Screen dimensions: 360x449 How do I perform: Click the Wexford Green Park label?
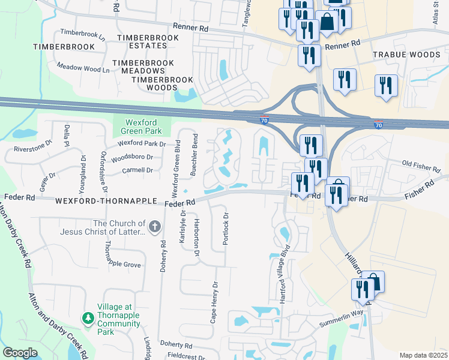pos(142,126)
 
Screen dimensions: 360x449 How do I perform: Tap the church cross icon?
pos(155,227)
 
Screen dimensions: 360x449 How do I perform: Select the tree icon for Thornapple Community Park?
pos(88,316)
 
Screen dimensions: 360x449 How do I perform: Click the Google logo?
pos(20,353)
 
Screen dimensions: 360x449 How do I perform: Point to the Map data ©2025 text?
pos(423,355)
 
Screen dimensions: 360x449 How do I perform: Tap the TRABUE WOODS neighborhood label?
pos(406,55)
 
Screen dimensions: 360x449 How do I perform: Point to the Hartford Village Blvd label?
pos(286,274)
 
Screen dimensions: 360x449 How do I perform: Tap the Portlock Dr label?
pos(226,229)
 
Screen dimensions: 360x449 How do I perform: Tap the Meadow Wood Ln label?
pos(83,69)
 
